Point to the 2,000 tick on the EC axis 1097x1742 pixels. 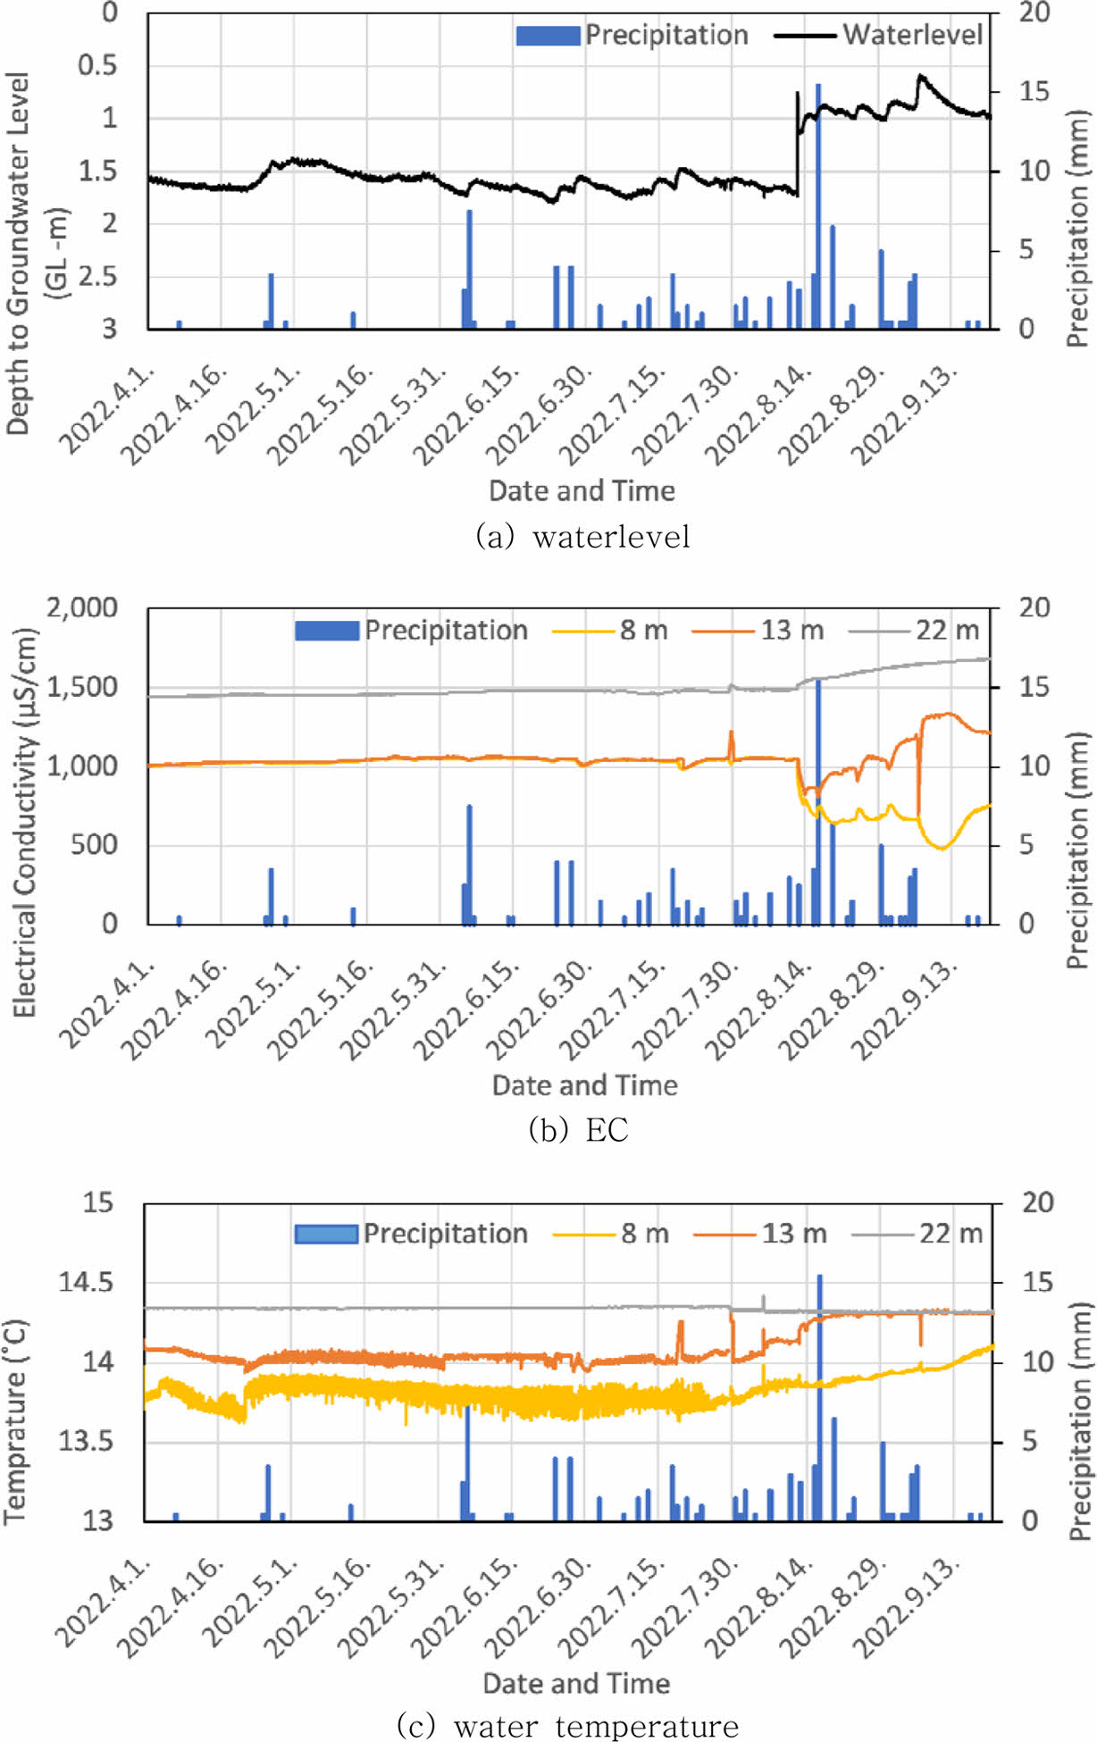[x=82, y=607]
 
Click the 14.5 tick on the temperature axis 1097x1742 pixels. [x=86, y=1283]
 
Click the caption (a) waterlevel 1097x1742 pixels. [x=583, y=536]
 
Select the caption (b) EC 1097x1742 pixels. [x=578, y=1130]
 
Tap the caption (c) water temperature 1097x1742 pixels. [x=567, y=1726]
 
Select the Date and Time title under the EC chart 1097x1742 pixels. [x=584, y=1085]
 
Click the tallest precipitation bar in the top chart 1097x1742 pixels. [x=817, y=205]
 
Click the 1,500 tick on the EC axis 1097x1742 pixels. [x=82, y=687]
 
